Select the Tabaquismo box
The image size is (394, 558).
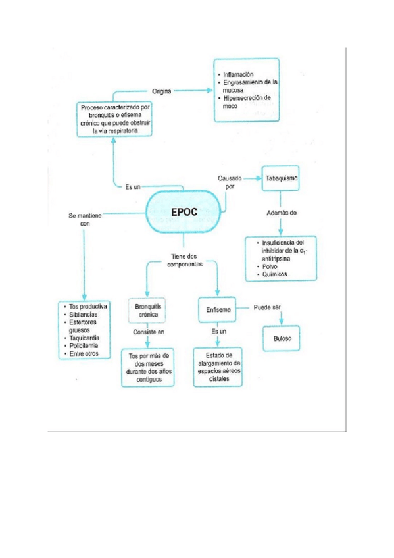[x=281, y=178]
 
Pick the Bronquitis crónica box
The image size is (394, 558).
[x=148, y=311]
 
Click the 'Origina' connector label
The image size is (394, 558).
[x=161, y=91]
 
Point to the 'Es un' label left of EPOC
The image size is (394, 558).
[x=134, y=187]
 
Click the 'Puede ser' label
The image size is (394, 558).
[x=267, y=307]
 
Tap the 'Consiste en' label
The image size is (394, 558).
[x=149, y=332]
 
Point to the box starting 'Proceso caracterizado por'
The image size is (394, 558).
[x=114, y=118]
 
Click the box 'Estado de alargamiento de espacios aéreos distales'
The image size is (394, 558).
[x=218, y=367]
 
